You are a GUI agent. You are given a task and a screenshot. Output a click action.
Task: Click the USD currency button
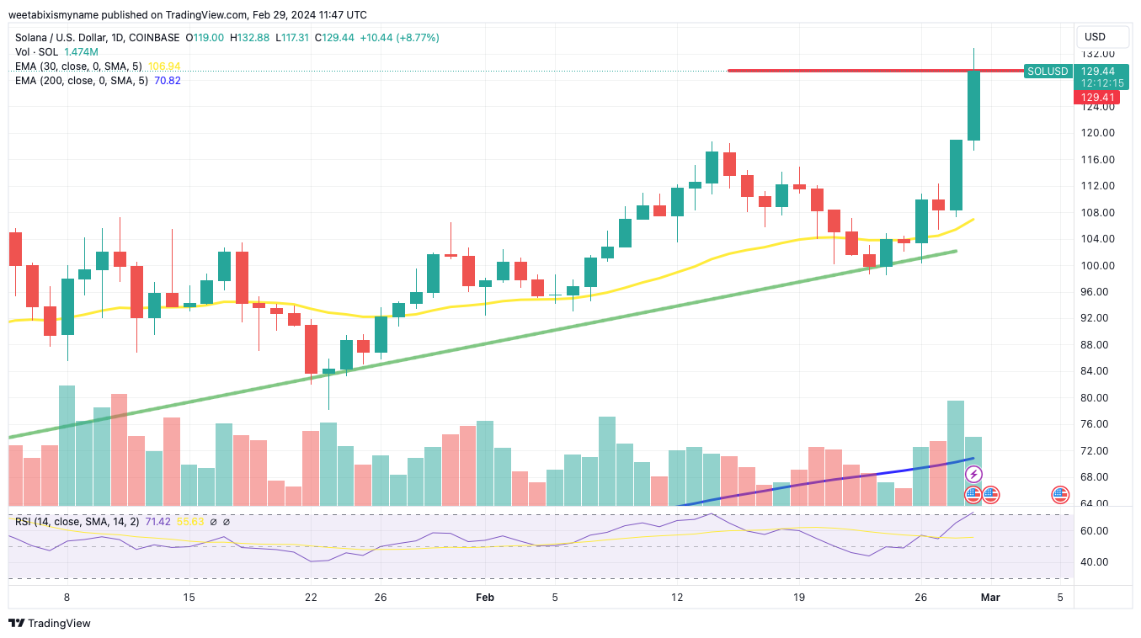[x=1095, y=37]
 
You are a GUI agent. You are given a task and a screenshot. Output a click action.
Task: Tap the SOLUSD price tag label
[x=1048, y=72]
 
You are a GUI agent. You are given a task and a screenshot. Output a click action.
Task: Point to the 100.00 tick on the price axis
[x=1098, y=265]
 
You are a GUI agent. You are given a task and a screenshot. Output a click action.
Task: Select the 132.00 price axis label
[x=1098, y=53]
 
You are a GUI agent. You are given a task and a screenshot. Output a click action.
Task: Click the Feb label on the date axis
[x=484, y=598]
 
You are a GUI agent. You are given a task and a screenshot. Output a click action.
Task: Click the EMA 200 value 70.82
[x=167, y=81]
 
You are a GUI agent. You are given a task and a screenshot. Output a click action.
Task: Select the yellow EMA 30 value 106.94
[x=164, y=66]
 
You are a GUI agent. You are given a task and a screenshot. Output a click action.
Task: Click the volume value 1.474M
[x=81, y=52]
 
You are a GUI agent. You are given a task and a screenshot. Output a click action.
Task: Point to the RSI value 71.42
[x=157, y=522]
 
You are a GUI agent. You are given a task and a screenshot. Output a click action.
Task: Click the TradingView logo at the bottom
[x=50, y=624]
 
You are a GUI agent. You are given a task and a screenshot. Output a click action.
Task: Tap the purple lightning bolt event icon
[x=973, y=475]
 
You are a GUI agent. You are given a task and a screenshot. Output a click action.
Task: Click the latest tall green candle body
[x=973, y=105]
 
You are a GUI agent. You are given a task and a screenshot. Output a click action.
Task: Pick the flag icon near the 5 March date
[x=1061, y=495]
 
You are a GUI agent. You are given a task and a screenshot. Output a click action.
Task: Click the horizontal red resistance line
[x=842, y=71]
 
